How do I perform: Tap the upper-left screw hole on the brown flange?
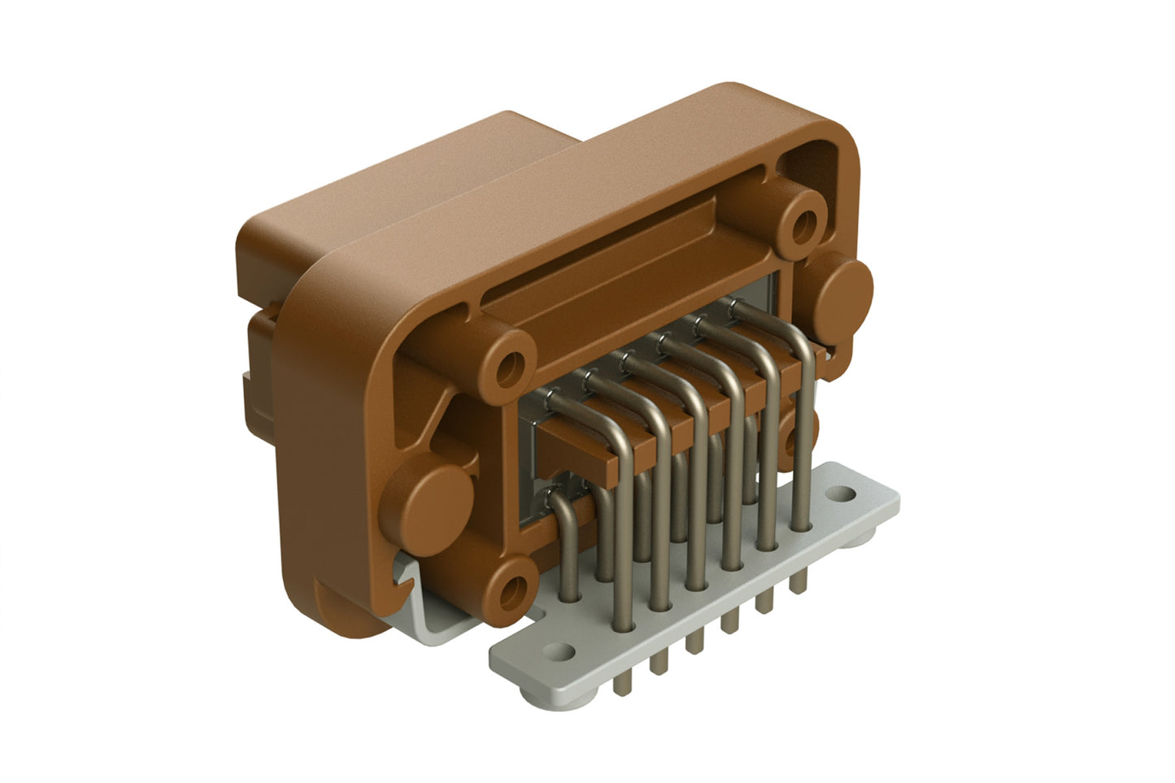tap(512, 365)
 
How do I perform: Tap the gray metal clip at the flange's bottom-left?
tap(423, 585)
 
